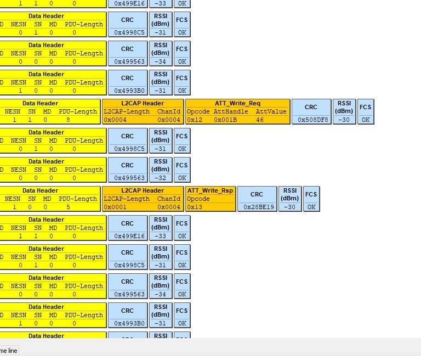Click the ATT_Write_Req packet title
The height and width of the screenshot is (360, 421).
pyautogui.click(x=237, y=103)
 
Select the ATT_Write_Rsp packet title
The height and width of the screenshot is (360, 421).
pyautogui.click(x=210, y=190)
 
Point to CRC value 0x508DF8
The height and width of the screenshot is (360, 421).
pyautogui.click(x=311, y=120)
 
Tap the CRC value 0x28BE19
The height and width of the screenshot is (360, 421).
pyautogui.click(x=257, y=207)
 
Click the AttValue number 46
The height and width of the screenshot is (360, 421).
pyautogui.click(x=259, y=120)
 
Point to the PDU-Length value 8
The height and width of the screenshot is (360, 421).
pyautogui.click(x=68, y=120)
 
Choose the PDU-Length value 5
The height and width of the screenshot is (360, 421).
pyautogui.click(x=68, y=207)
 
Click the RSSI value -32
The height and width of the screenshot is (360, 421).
pyautogui.click(x=160, y=178)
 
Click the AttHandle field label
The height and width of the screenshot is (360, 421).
pyautogui.click(x=231, y=111)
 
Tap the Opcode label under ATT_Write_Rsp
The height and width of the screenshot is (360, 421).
pyautogui.click(x=198, y=199)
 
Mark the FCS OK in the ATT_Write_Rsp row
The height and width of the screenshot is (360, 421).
pyautogui.click(x=311, y=207)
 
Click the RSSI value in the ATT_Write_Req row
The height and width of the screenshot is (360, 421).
pyautogui.click(x=344, y=120)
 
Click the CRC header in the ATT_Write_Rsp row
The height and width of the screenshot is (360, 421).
pyautogui.click(x=257, y=194)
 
